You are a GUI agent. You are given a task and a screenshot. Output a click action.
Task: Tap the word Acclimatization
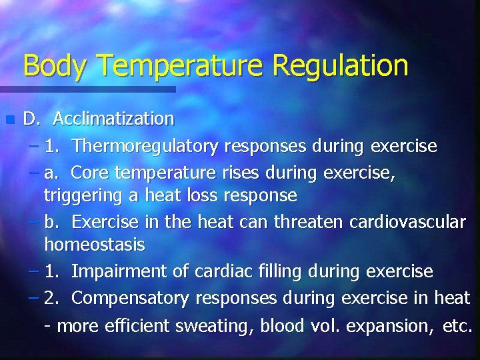pyautogui.click(x=113, y=119)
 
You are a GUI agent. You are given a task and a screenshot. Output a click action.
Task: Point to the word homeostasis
pyautogui.click(x=94, y=245)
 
